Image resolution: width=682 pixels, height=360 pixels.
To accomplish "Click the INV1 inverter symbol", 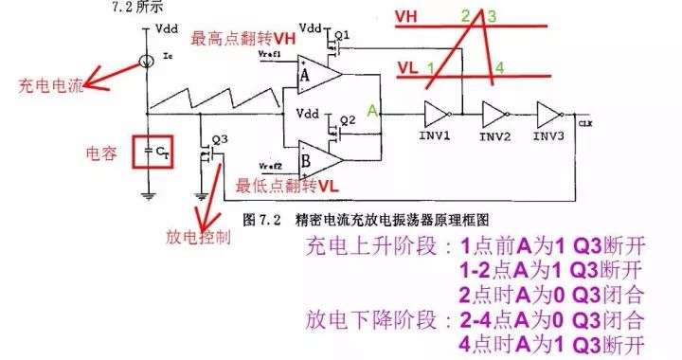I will (439, 114).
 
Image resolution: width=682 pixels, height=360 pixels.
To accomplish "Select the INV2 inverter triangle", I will (495, 114).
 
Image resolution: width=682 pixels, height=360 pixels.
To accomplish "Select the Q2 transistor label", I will (349, 119).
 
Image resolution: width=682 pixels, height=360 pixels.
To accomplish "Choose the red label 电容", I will (101, 152).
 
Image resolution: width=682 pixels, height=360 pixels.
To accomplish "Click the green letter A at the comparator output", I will (373, 112).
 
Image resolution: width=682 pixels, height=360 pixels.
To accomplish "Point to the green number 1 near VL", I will (431, 68).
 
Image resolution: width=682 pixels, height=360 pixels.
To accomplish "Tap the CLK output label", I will (584, 123).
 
